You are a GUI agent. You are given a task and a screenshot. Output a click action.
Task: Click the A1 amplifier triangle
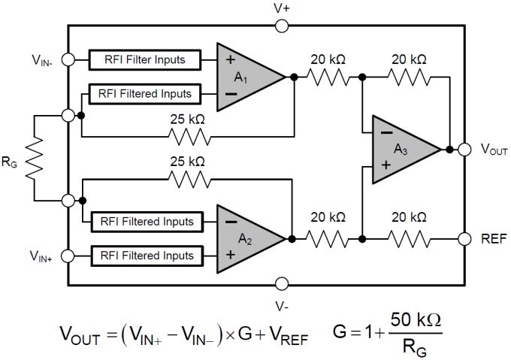[x=245, y=75]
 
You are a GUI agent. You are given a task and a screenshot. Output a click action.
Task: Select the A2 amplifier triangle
[x=245, y=238]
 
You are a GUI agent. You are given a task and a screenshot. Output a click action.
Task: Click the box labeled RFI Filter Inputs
[x=147, y=59]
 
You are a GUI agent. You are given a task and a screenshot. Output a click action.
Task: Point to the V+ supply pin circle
[x=282, y=26]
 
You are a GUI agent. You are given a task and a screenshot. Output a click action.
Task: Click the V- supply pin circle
[x=282, y=284]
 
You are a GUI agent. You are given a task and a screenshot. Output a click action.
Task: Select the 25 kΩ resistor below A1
[x=187, y=137]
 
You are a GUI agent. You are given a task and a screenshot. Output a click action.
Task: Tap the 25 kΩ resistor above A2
[x=187, y=179]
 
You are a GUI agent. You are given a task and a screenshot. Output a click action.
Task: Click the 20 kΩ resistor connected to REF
[x=410, y=238]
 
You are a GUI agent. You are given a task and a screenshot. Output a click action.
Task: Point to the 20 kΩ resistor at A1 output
[x=327, y=76]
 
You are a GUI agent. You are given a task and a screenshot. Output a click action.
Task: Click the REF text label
[x=493, y=239]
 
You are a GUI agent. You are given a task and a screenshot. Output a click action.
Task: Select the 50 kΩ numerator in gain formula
[x=412, y=320]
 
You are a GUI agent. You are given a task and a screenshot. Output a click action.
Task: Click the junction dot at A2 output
[x=294, y=238]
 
